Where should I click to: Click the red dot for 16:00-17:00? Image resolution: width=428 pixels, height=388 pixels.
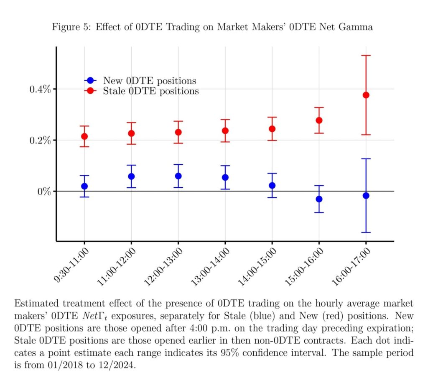[x=366, y=95]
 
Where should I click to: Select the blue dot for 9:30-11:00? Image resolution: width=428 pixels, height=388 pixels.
[x=84, y=186]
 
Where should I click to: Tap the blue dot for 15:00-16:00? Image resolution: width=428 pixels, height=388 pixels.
[x=319, y=199]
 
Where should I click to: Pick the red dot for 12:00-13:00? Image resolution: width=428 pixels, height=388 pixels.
[x=178, y=132]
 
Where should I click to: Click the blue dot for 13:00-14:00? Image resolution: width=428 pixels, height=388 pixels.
[x=225, y=177]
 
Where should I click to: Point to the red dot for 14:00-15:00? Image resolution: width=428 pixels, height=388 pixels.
[x=272, y=129]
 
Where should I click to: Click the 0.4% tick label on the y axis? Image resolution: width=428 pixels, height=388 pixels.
[x=39, y=89]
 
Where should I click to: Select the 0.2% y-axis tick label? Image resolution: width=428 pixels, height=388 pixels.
[x=39, y=140]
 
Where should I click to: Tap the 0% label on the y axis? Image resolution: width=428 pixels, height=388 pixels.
[x=43, y=191]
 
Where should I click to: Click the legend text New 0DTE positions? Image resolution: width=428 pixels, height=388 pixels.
[x=150, y=81]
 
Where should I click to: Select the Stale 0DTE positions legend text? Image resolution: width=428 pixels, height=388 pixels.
[x=151, y=91]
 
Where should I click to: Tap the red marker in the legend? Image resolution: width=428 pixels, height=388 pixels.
[x=89, y=91]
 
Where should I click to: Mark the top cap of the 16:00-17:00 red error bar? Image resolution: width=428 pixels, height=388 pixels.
[x=366, y=56]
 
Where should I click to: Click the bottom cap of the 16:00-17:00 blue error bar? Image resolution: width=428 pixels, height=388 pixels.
[x=366, y=232]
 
